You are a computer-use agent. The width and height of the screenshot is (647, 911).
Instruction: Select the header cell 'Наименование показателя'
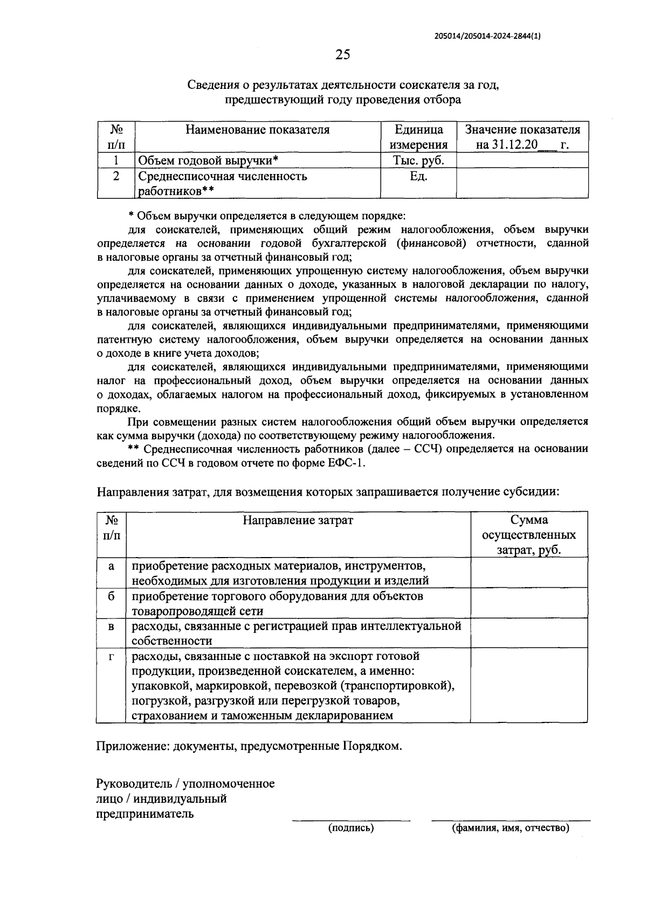(x=257, y=130)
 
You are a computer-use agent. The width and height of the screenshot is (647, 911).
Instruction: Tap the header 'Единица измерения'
(x=418, y=137)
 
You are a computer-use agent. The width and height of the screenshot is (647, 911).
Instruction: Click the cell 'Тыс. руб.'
(x=418, y=161)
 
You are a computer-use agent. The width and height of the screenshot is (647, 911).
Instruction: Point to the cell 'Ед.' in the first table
(x=418, y=177)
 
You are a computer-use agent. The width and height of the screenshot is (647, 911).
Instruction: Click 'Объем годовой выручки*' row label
(x=208, y=161)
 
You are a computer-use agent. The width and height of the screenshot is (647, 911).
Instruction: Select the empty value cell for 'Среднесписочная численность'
(x=522, y=183)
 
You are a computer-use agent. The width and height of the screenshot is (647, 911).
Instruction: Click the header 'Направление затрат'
(x=298, y=520)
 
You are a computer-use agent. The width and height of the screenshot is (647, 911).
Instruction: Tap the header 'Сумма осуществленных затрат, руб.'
(x=529, y=535)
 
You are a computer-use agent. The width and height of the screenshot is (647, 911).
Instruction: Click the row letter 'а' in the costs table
(x=112, y=566)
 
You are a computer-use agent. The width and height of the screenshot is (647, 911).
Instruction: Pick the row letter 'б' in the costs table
(x=112, y=596)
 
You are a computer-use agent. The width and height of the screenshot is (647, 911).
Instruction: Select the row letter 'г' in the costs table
(x=112, y=657)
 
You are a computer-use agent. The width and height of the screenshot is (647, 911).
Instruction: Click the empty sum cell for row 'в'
(x=529, y=633)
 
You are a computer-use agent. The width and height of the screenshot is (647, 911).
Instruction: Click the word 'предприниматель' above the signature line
(x=144, y=813)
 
